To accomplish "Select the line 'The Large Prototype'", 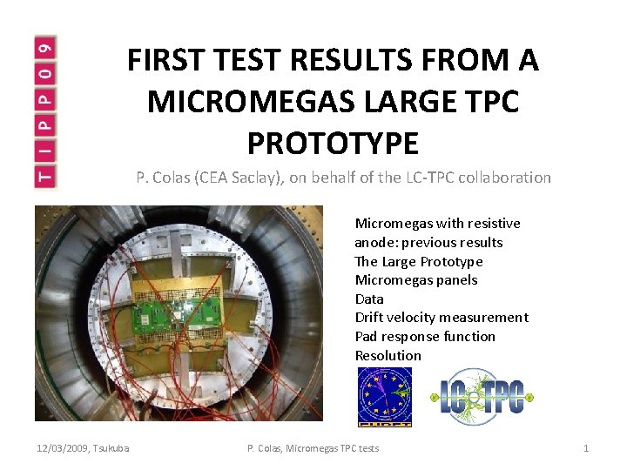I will [x=418, y=261].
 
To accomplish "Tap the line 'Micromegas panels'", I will [x=415, y=280].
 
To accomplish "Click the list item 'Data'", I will [x=369, y=299].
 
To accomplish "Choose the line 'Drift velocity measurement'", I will [x=442, y=318].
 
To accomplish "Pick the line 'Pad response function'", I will [x=425, y=337].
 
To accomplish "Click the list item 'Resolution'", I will [x=388, y=355].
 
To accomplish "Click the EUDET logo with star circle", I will [x=385, y=397].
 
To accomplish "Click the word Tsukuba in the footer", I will [x=111, y=448].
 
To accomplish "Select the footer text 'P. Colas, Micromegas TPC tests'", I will [x=313, y=448].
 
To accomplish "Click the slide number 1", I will [x=586, y=448].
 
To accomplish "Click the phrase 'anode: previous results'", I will [x=428, y=243].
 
